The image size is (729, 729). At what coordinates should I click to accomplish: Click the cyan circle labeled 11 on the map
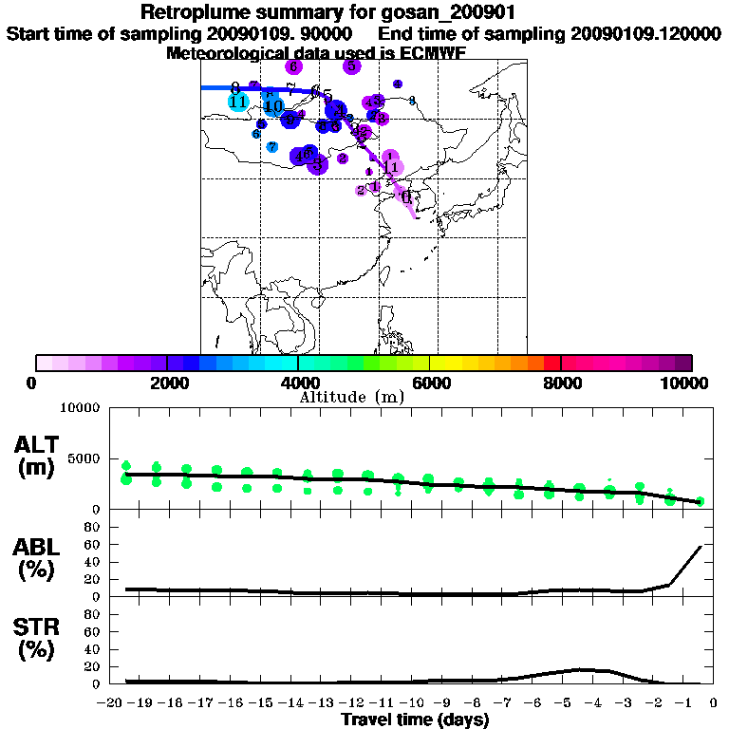[238, 102]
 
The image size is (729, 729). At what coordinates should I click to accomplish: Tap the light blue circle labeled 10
[273, 106]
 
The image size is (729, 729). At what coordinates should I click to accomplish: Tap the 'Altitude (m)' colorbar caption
[352, 397]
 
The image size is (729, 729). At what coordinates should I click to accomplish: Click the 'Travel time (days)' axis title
[415, 720]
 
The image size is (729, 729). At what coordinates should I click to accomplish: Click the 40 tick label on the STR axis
[92, 649]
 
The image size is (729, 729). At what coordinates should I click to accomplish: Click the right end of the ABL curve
[701, 547]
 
